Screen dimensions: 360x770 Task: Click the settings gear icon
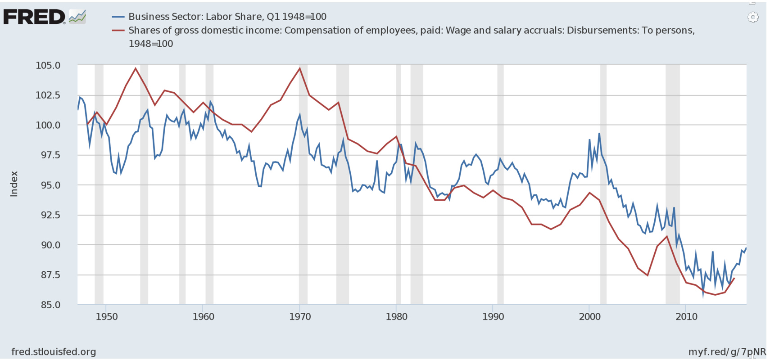coord(752,18)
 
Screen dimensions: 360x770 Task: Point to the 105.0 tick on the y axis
coord(48,66)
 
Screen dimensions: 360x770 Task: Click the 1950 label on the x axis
coord(107,317)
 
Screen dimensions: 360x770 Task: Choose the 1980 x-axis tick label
coord(397,317)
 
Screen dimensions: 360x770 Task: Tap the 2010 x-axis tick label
coord(686,317)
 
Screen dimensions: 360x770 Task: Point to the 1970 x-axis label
coord(300,317)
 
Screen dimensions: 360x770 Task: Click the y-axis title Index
coord(14,184)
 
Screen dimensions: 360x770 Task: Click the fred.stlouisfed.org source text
coord(53,352)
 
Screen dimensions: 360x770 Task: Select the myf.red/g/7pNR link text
coord(727,352)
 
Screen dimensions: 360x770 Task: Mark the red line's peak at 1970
coord(300,68)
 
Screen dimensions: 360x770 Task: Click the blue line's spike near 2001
coord(599,134)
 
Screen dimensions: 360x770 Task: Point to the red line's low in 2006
coord(648,275)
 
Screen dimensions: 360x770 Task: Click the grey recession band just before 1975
coord(342,180)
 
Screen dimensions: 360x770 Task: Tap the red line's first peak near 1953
coord(136,68)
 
